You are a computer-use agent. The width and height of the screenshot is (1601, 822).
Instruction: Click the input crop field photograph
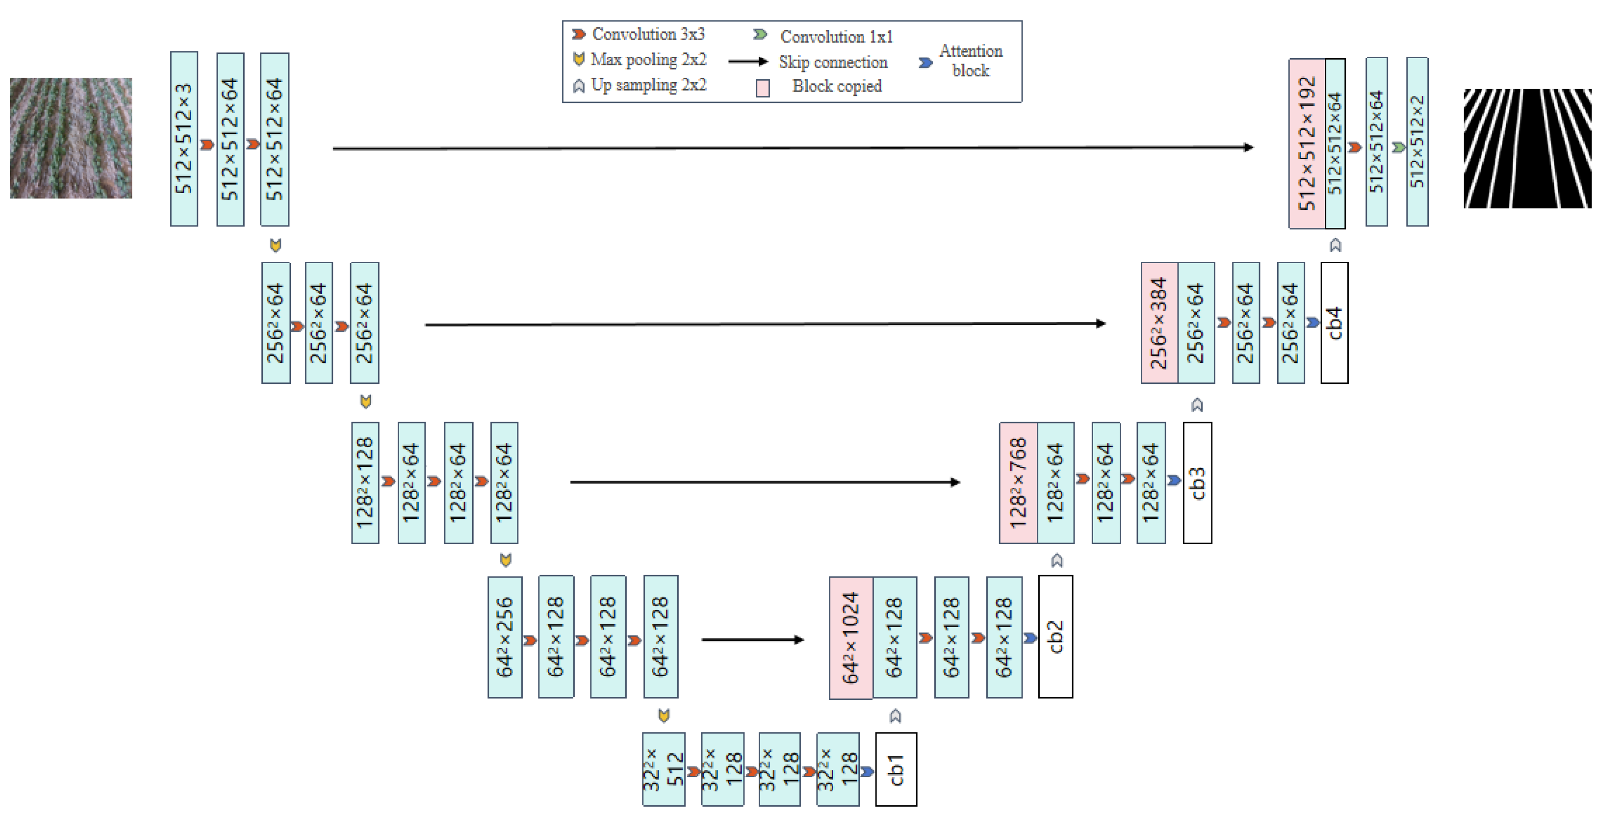point(71,138)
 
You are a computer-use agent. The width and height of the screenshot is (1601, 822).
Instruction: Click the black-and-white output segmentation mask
point(1527,148)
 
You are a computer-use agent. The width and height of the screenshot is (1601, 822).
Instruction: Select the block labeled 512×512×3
point(184,139)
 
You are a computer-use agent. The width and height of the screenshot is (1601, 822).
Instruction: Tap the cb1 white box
point(896,769)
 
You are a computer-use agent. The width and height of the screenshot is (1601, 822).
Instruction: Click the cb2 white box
point(1055,637)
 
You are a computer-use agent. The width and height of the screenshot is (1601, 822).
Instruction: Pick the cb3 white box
point(1197,483)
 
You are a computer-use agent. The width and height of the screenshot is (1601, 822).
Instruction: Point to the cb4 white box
point(1334,322)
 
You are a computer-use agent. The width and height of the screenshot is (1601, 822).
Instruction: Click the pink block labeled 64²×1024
point(851,637)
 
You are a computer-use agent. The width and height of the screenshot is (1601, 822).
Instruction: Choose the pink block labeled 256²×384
point(1159,322)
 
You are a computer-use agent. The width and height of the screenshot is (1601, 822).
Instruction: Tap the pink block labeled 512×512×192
point(1307,144)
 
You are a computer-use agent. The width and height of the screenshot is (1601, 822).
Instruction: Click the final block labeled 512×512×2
point(1417,142)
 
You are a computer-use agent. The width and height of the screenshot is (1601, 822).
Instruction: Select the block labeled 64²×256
point(505,637)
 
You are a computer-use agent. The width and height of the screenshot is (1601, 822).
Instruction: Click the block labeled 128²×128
point(365,483)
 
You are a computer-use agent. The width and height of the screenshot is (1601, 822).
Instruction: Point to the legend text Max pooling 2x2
point(648,60)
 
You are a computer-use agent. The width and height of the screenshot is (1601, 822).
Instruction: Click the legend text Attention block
point(970,60)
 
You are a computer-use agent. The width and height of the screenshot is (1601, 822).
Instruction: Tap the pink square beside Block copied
point(763,88)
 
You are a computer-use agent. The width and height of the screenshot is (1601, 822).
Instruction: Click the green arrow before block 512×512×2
point(1398,147)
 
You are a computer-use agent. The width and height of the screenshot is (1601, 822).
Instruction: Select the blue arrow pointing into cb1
point(867,771)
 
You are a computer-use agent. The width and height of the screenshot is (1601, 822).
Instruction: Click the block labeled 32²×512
point(663,769)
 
